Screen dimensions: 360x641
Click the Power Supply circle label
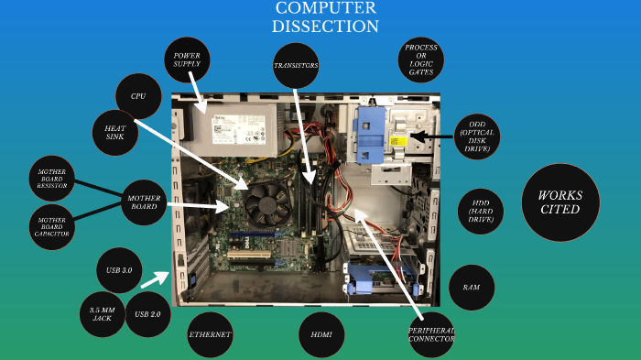click(187, 61)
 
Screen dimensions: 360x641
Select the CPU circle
click(139, 96)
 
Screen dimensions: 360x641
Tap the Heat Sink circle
click(114, 134)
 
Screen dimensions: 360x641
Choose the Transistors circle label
click(296, 66)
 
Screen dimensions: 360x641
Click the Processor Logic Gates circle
click(420, 60)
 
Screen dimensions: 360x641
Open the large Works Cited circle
click(560, 202)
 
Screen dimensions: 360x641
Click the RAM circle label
click(471, 288)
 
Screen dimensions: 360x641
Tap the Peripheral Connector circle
click(431, 335)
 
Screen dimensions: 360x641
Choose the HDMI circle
click(321, 335)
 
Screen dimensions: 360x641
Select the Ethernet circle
click(210, 335)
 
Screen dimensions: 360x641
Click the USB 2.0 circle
click(147, 314)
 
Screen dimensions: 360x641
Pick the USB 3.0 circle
click(119, 270)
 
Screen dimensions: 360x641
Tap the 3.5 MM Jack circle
click(102, 314)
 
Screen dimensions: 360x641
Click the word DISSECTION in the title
click(326, 27)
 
